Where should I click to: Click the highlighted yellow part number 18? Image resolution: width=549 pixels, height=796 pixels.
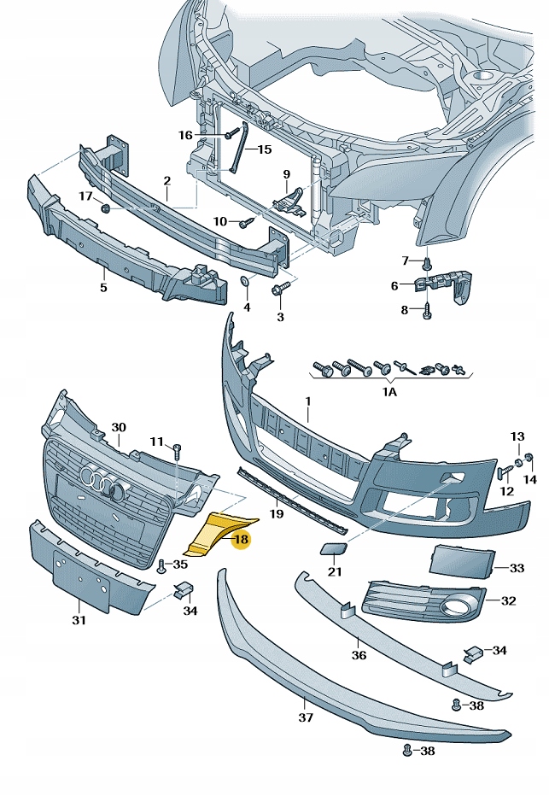click(x=241, y=539)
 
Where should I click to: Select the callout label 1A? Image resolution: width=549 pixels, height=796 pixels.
click(x=389, y=393)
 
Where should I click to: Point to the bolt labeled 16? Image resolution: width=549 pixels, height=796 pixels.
click(x=230, y=134)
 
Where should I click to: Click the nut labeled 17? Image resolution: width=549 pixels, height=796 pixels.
click(x=105, y=208)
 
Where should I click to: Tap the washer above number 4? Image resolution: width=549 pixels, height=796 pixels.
click(x=244, y=281)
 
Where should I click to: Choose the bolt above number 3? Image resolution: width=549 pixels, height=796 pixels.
click(x=277, y=291)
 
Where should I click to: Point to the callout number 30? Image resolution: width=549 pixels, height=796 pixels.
click(x=119, y=427)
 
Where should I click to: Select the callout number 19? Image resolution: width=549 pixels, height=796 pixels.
click(x=276, y=514)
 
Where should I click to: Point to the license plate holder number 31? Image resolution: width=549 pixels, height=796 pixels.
click(x=79, y=621)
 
